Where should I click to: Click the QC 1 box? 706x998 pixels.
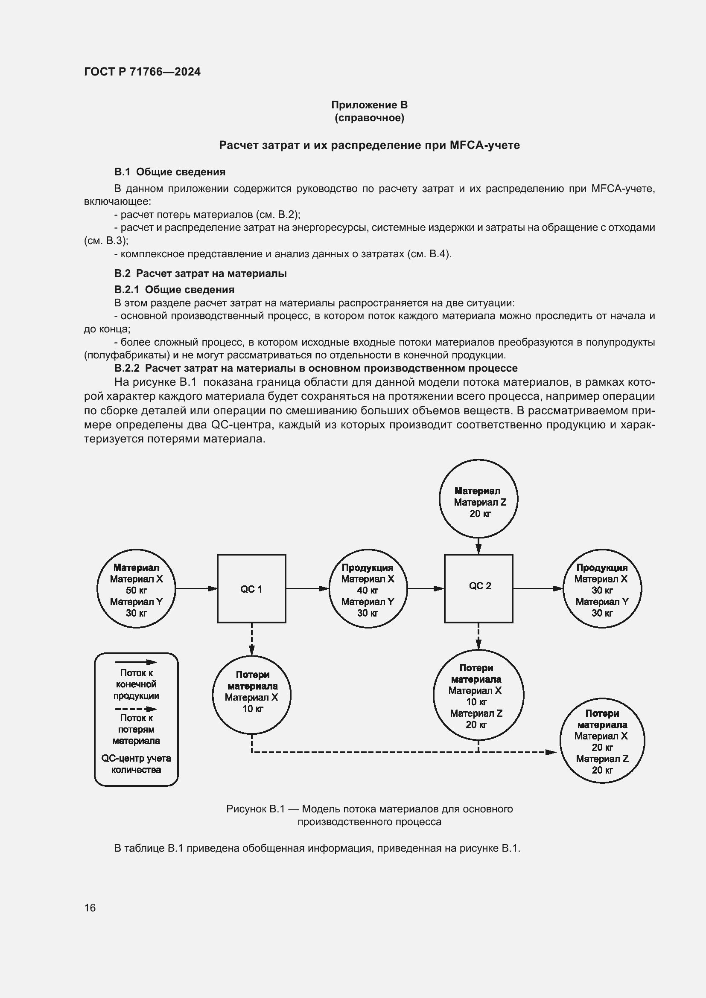pos(251,588)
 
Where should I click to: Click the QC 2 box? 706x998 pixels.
pos(478,588)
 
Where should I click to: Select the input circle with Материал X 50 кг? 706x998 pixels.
pos(136,588)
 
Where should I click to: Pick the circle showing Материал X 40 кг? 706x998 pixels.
pos(368,588)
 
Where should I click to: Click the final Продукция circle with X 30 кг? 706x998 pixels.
pos(602,588)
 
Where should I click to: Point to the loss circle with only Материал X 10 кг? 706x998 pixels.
pos(252,694)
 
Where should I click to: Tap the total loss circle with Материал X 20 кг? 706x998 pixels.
pos(602,741)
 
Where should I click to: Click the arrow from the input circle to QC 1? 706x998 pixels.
pos(196,588)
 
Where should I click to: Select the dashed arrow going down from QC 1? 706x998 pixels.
pos(252,639)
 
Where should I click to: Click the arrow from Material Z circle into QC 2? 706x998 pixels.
pos(478,546)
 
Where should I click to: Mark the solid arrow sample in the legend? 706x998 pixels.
pos(136,663)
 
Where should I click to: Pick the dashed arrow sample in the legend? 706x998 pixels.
pos(136,709)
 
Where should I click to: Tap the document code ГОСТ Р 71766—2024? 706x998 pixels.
pos(142,72)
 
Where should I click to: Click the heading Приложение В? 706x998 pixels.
pos(369,105)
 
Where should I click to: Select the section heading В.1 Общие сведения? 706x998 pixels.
pos(169,172)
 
